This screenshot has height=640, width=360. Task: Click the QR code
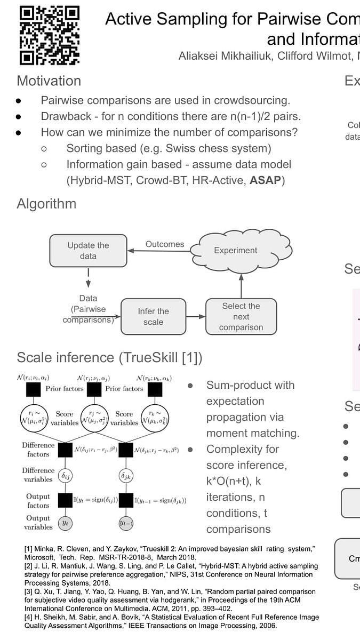[49, 35]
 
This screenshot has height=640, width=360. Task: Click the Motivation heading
[49, 81]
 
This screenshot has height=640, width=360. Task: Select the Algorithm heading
[46, 204]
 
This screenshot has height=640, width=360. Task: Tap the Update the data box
[88, 251]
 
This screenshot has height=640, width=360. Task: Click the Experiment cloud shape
[235, 250]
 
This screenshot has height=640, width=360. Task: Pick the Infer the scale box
[153, 317]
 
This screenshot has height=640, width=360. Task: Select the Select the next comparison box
[241, 317]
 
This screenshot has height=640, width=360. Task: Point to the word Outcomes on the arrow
[165, 244]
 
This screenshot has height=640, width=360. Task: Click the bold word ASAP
[265, 180]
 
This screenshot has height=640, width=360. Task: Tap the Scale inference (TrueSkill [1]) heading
[109, 357]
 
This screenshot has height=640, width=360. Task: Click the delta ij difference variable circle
[64, 474]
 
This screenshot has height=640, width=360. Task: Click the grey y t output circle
[65, 523]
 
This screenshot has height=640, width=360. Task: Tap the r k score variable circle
[154, 418]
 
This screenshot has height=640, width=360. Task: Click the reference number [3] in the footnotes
[28, 591]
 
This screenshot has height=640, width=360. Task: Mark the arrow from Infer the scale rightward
[196, 317]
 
